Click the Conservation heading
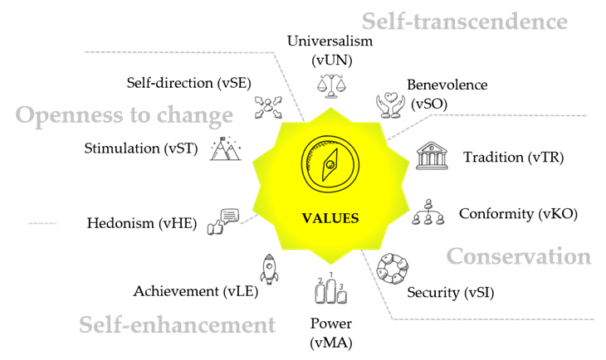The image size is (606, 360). click(x=519, y=256)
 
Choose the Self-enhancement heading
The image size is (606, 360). click(x=177, y=324)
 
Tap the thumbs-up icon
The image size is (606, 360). click(x=216, y=227)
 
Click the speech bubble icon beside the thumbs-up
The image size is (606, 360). click(x=230, y=216)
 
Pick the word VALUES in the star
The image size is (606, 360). click(x=330, y=219)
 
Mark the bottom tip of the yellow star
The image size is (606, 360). click(x=331, y=265)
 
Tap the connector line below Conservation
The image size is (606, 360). click(x=494, y=319)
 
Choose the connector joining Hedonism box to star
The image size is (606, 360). click(x=247, y=217)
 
